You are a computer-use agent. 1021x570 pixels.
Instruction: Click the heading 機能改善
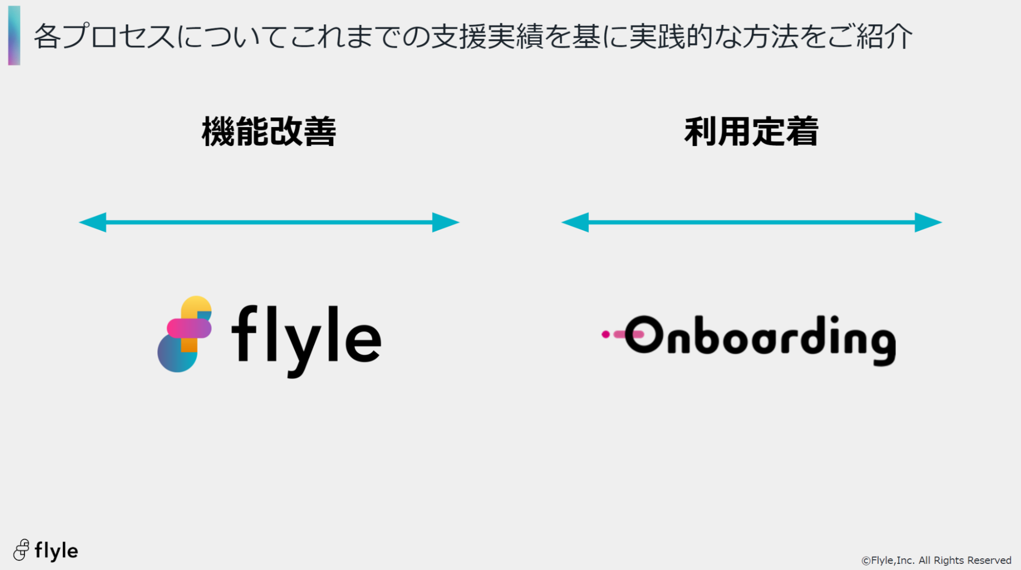pyautogui.click(x=269, y=132)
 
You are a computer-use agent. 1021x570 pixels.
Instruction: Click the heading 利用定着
pyautogui.click(x=751, y=132)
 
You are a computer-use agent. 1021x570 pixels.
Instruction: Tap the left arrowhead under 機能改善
pyautogui.click(x=93, y=222)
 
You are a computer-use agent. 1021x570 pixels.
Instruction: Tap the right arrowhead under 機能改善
pyautogui.click(x=446, y=222)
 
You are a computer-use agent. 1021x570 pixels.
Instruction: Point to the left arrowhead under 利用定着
pyautogui.click(x=575, y=222)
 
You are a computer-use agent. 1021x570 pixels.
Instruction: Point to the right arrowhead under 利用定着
pyautogui.click(x=929, y=222)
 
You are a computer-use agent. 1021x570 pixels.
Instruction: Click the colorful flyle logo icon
pyautogui.click(x=185, y=334)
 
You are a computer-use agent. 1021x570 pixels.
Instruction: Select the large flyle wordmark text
pyautogui.click(x=306, y=340)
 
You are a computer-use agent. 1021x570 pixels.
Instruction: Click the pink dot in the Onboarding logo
pyautogui.click(x=606, y=334)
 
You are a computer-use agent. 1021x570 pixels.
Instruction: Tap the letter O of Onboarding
pyautogui.click(x=644, y=334)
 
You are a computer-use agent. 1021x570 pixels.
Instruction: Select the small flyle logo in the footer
pyautogui.click(x=45, y=550)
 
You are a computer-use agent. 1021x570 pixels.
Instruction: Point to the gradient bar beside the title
pyautogui.click(x=14, y=36)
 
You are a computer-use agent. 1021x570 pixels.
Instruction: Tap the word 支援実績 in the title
pyautogui.click(x=487, y=37)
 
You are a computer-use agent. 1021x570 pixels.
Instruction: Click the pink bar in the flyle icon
pyautogui.click(x=189, y=329)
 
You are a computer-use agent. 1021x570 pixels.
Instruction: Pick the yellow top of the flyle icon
pyautogui.click(x=197, y=306)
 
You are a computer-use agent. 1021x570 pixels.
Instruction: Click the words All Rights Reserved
pyautogui.click(x=965, y=560)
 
